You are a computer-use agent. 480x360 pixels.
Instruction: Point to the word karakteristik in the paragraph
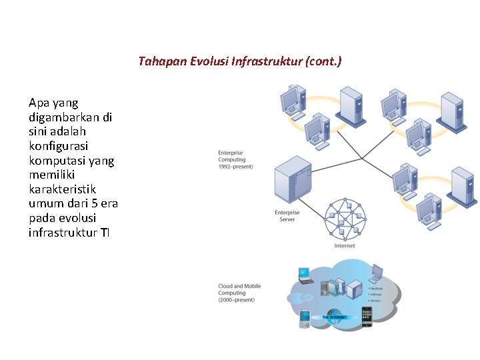point(63,189)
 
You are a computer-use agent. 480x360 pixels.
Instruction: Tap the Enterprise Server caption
point(287,216)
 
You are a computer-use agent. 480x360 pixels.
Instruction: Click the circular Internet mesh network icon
point(345,219)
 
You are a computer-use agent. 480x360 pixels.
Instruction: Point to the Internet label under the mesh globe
point(345,246)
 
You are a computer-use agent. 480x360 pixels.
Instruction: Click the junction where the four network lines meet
point(361,159)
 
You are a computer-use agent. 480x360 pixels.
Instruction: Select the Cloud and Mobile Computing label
point(239,293)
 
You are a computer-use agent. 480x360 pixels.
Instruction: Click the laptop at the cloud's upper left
point(305,274)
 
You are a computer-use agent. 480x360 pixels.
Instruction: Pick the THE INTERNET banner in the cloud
point(335,317)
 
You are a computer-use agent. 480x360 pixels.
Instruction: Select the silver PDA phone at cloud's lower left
point(305,318)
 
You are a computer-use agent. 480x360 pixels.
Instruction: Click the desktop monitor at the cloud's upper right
point(377,272)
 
